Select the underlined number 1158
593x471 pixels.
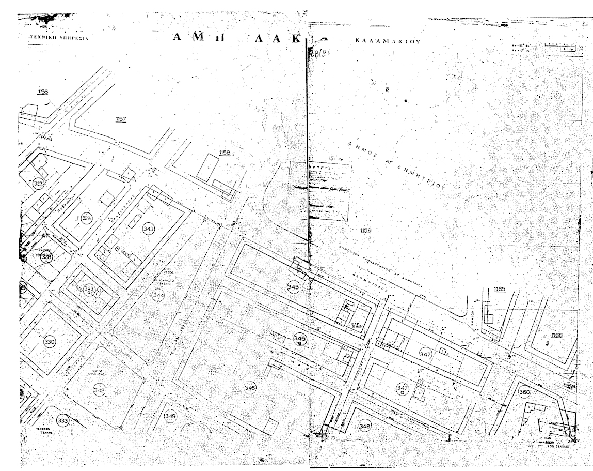224,153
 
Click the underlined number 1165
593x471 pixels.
499,289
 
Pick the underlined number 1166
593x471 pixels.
556,335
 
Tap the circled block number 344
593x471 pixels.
158,295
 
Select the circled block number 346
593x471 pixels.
250,387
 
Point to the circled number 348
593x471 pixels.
365,425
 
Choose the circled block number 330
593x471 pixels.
50,342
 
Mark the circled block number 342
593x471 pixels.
99,390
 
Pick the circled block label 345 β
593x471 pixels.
299,339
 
